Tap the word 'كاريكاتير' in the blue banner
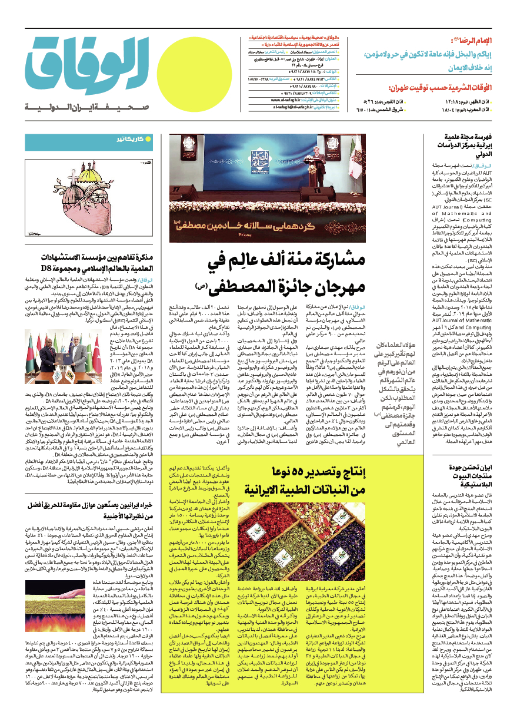126,140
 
